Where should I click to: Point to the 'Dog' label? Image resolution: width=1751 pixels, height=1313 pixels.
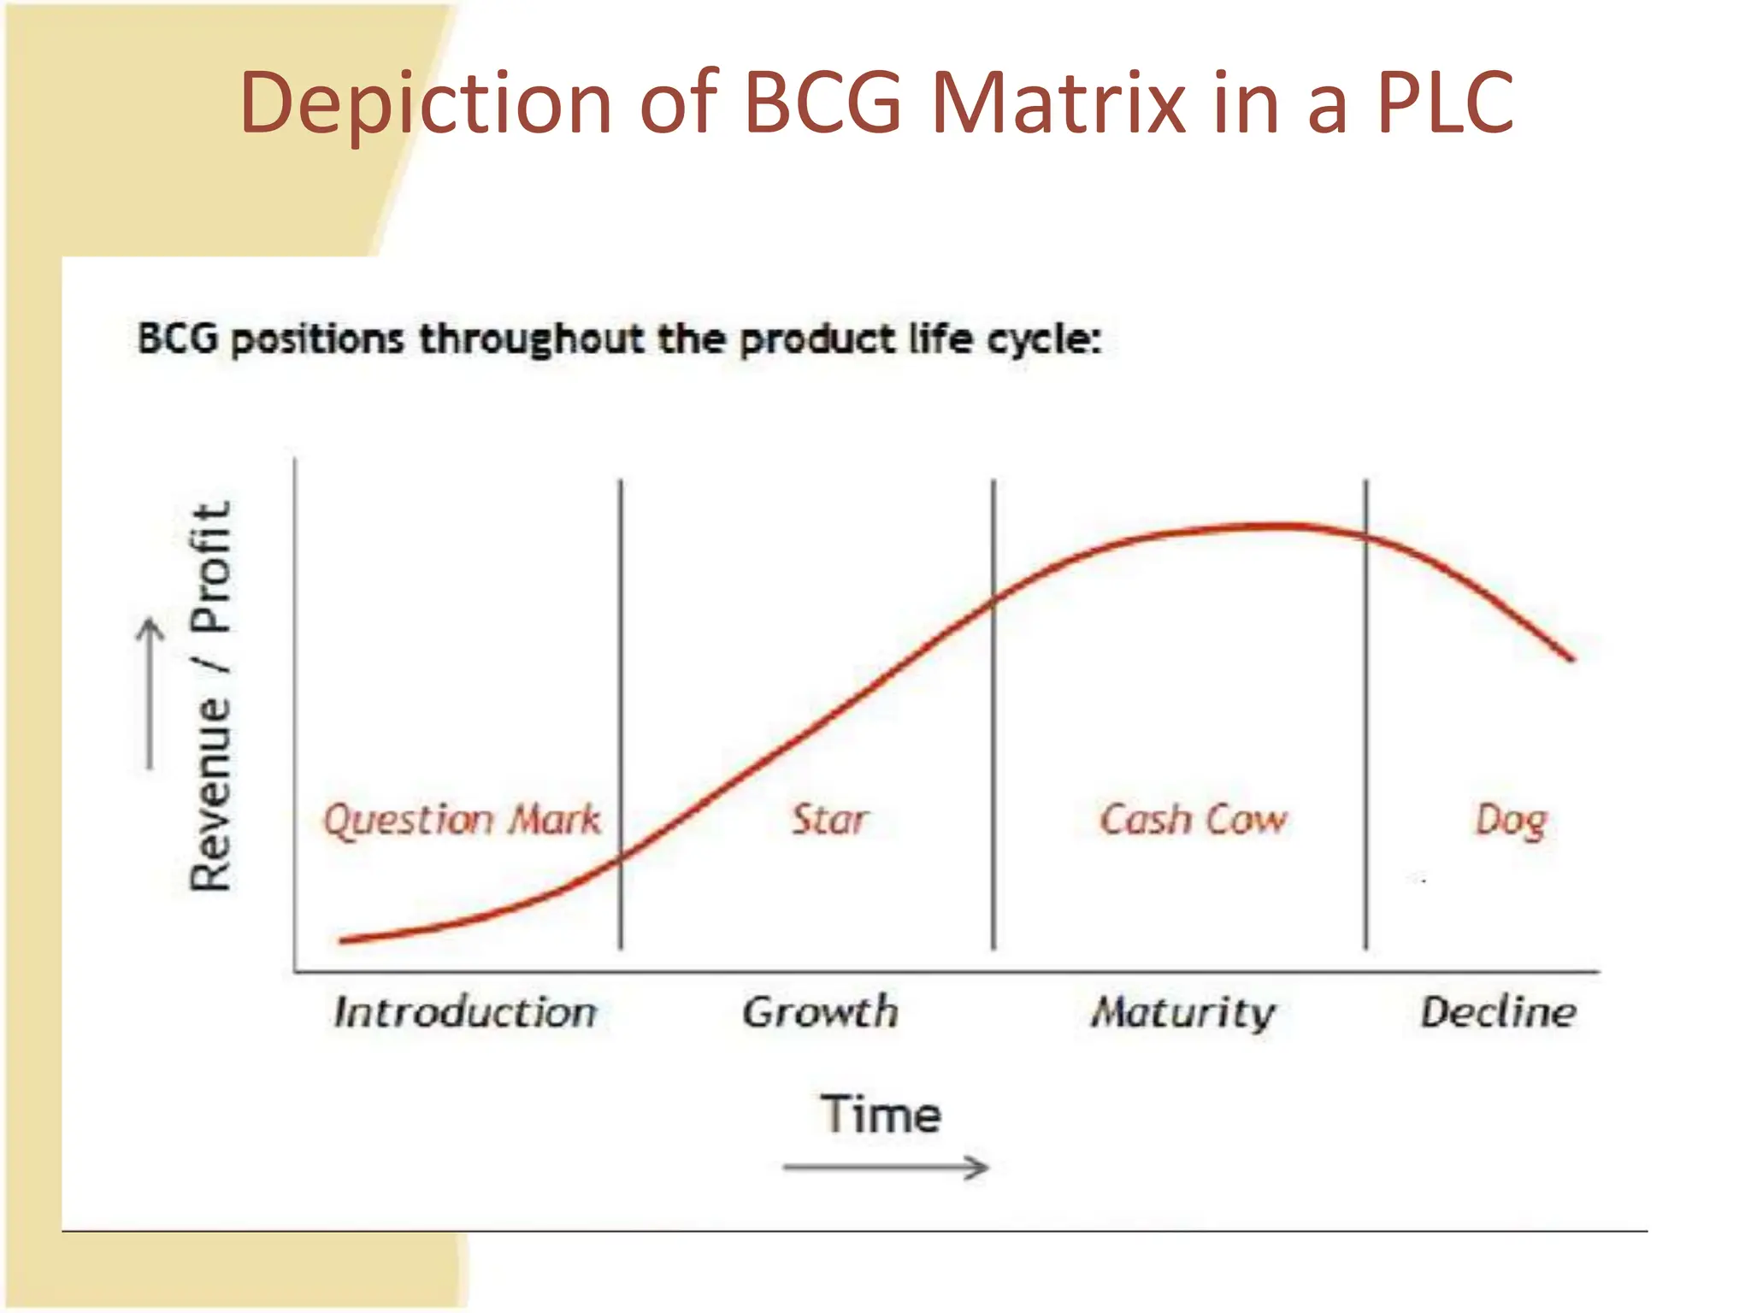click(x=1511, y=821)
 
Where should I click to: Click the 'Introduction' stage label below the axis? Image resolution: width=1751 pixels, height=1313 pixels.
click(x=465, y=1012)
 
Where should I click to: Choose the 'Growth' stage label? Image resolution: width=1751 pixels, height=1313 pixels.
click(x=820, y=1012)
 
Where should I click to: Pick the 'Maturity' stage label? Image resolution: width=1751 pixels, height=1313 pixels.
click(x=1182, y=1013)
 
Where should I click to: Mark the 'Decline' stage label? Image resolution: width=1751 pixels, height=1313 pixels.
click(x=1498, y=1012)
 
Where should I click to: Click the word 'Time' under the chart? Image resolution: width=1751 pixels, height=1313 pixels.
click(x=881, y=1115)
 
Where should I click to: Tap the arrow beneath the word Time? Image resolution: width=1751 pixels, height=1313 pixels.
click(x=886, y=1167)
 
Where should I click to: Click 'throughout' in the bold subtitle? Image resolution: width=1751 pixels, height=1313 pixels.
click(x=530, y=339)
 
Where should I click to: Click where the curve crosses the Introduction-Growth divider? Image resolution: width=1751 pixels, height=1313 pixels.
click(x=621, y=858)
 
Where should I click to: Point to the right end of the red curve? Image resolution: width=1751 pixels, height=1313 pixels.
click(x=1571, y=658)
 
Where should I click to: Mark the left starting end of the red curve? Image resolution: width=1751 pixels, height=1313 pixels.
click(x=342, y=940)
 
